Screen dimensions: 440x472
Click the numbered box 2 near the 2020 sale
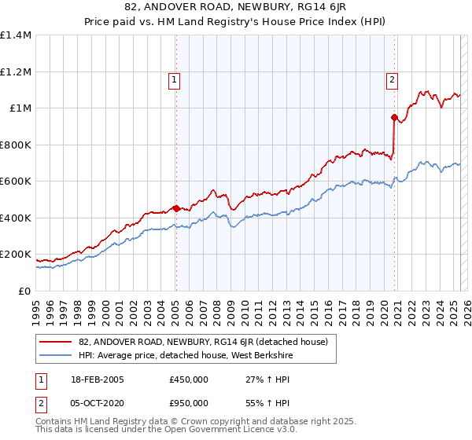(x=392, y=79)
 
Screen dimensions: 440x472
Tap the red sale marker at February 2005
(x=176, y=208)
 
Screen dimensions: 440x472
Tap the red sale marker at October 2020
(x=394, y=117)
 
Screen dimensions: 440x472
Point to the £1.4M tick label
(x=16, y=35)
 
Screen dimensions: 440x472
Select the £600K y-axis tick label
(x=16, y=181)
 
